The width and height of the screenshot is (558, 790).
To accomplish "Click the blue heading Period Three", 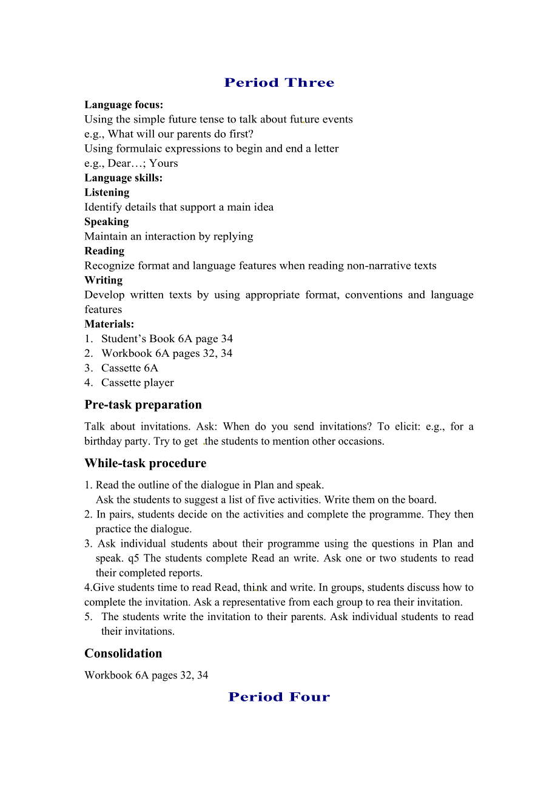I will tap(279, 83).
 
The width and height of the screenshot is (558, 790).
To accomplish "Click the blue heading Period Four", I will tap(279, 697).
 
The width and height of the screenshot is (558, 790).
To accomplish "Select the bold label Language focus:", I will tap(124, 105).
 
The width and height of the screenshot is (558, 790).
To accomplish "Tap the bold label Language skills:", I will tap(123, 178).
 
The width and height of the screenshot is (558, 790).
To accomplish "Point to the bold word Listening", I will tap(107, 192).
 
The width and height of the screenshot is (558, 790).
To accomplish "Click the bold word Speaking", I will tap(106, 221).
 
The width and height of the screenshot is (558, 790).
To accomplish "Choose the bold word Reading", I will tap(104, 251).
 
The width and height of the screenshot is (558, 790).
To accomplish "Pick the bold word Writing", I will tap(103, 280).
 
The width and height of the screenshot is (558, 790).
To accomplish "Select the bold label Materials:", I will tap(109, 324).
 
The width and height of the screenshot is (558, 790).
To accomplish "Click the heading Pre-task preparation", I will tap(143, 405).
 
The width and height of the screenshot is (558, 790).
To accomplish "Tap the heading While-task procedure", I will tap(145, 463).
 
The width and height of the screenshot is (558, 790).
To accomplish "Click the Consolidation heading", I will tap(123, 653).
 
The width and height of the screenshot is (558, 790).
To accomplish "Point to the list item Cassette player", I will tap(138, 382).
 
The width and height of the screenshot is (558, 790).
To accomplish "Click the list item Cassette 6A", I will tap(130, 368).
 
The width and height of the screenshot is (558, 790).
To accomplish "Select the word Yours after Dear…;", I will tap(164, 163).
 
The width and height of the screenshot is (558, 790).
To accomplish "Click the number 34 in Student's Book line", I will tap(227, 339).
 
